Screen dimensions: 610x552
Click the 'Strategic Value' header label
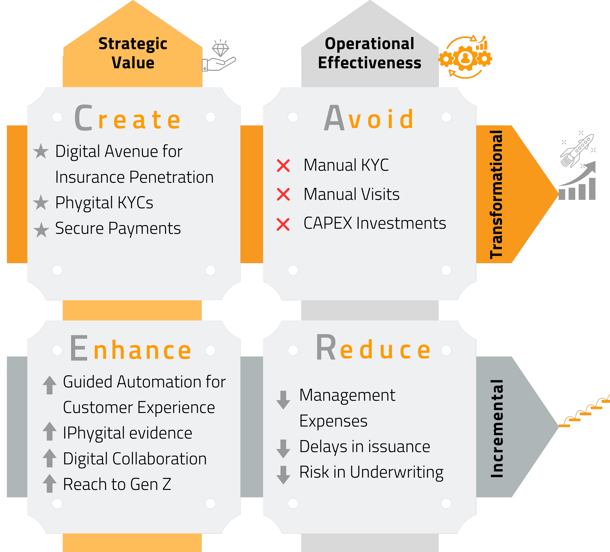133,53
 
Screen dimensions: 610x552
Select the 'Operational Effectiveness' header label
369,53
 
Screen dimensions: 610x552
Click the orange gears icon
465,57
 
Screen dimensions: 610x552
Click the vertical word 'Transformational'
496,194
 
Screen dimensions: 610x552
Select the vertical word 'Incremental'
496,428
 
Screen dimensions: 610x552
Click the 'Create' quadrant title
127,118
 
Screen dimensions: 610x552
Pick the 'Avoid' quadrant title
369,118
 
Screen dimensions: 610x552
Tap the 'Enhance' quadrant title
130,348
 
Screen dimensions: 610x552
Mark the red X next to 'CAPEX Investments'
283,224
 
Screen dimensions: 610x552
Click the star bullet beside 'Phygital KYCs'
41,202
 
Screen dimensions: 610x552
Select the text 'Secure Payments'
118,228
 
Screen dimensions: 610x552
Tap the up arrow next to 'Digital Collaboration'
50,458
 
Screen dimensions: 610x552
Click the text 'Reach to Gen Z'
117,484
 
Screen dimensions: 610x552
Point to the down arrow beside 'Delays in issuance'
283,448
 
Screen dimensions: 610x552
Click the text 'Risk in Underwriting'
371,473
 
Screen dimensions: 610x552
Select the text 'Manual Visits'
351,194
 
